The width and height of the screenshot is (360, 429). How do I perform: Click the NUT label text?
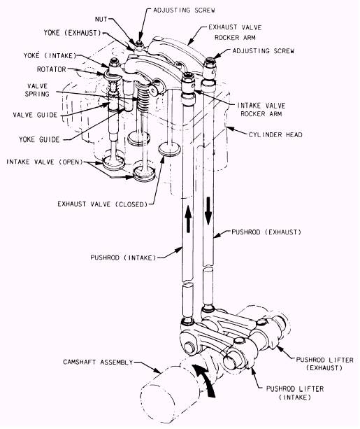[x=101, y=19]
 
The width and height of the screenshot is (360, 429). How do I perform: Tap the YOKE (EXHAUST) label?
[x=73, y=33]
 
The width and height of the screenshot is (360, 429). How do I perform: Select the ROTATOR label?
[x=52, y=69]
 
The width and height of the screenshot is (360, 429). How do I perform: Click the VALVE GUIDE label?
[x=35, y=115]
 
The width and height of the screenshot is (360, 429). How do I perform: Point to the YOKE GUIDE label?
[x=39, y=139]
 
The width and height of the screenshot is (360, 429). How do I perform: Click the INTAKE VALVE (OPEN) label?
[x=45, y=162]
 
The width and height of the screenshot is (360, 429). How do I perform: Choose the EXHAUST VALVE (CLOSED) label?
[x=103, y=204]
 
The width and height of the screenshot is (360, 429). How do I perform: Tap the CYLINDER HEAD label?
[x=275, y=134]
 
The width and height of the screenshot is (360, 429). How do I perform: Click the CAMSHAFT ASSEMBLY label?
[x=98, y=362]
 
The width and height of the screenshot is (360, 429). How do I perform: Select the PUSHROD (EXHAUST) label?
[x=266, y=232]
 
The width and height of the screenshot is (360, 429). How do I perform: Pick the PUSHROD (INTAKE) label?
[x=123, y=258]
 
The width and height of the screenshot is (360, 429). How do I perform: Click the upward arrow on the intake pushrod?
[x=188, y=219]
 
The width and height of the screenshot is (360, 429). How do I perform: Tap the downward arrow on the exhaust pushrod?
[x=208, y=211]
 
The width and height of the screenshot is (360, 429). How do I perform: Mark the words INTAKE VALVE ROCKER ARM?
[x=261, y=109]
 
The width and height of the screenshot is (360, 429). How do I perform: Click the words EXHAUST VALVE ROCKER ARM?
[x=235, y=32]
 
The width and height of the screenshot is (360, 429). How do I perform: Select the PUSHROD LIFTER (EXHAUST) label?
[x=325, y=364]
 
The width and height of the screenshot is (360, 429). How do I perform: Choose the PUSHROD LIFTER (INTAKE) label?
[x=295, y=393]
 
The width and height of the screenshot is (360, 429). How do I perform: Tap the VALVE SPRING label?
[x=37, y=90]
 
